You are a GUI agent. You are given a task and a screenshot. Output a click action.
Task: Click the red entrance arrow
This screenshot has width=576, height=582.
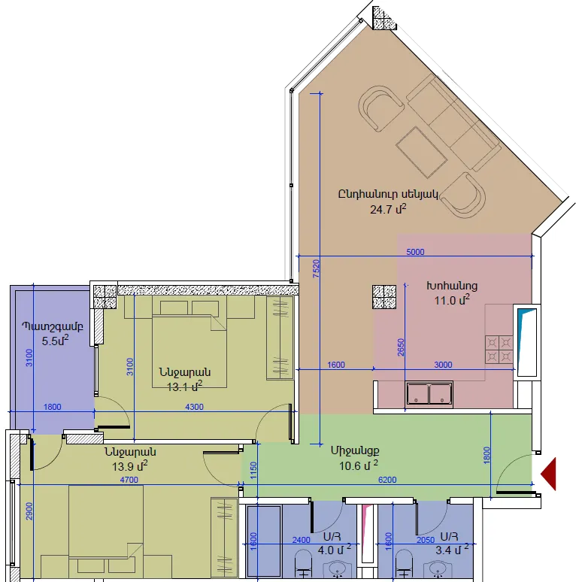549,474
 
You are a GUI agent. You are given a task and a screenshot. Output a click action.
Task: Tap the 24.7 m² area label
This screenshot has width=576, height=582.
388,209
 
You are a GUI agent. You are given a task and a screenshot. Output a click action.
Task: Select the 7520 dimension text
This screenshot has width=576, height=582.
316,268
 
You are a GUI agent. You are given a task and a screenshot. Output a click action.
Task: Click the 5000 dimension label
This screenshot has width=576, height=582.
415,252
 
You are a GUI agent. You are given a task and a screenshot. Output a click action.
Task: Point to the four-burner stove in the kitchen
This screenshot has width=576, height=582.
499,349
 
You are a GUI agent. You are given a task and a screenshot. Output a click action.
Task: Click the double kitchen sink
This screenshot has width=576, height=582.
429,394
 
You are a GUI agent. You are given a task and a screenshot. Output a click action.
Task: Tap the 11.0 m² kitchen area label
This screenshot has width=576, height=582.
452,300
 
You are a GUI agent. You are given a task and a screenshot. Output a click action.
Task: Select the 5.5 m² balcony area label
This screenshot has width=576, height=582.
56,341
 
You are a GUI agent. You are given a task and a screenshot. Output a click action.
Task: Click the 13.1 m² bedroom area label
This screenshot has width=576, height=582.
184,386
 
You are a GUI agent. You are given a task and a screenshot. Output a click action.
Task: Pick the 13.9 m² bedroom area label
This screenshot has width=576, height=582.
130,465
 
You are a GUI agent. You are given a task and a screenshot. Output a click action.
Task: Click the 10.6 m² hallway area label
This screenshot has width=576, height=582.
359,465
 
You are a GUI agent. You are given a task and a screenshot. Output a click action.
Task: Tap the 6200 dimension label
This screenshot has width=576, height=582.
387,480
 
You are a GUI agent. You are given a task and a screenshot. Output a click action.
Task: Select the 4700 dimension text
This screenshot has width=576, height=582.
129,480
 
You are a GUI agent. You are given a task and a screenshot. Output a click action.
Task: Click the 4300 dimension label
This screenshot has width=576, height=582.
194,407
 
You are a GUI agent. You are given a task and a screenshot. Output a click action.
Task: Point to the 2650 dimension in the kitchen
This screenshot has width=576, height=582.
401,347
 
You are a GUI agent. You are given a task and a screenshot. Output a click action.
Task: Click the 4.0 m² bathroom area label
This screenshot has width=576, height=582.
335,550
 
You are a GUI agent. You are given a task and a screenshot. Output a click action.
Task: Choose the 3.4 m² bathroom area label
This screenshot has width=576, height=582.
452,550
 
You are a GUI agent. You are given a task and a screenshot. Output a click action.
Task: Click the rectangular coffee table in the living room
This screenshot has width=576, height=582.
422,152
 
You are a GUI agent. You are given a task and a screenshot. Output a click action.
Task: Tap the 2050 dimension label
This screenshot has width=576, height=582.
426,540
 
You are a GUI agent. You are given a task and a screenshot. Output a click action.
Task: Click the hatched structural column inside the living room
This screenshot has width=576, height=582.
384,296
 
